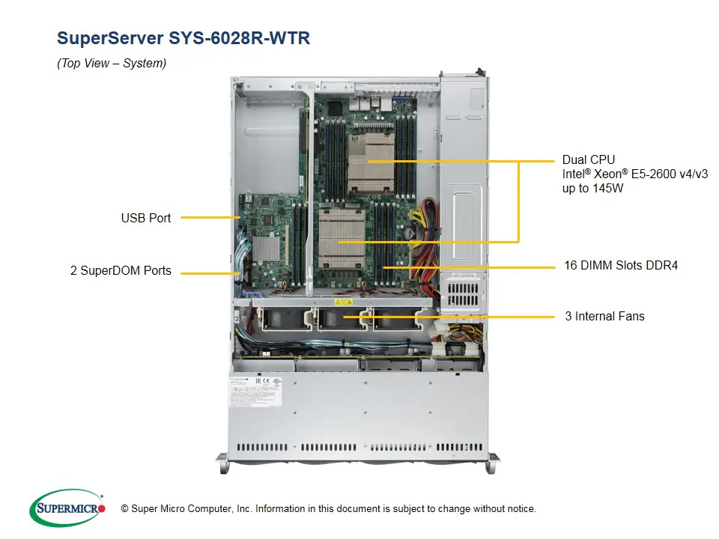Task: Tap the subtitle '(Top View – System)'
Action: [112, 64]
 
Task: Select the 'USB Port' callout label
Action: [146, 219]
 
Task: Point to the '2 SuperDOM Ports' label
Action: [121, 271]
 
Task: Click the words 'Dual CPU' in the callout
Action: [589, 159]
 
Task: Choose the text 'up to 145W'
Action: [592, 189]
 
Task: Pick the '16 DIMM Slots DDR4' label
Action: [621, 265]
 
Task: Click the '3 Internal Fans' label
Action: [604, 316]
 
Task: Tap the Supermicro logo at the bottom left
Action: [67, 508]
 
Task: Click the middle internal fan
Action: [342, 317]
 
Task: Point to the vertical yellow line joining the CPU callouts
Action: [518, 202]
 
